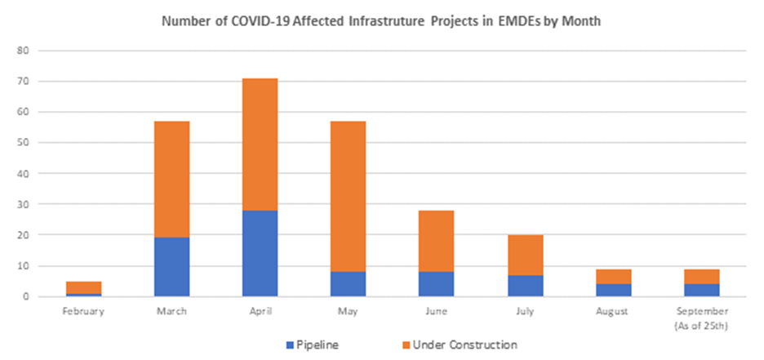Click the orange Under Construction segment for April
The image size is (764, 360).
[260, 144]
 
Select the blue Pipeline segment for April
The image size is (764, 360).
[260, 253]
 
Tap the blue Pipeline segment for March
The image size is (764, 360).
[171, 267]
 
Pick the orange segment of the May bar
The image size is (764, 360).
[349, 196]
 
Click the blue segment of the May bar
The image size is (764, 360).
[349, 284]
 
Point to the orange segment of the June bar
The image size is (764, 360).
[437, 241]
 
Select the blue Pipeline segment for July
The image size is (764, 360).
[525, 286]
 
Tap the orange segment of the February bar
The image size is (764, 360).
[83, 287]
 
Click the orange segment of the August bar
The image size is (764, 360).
[613, 276]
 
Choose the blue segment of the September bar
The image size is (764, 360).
[702, 290]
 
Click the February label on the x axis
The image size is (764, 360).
[83, 311]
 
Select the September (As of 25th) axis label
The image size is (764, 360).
[702, 317]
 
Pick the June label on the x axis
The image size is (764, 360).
[437, 311]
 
